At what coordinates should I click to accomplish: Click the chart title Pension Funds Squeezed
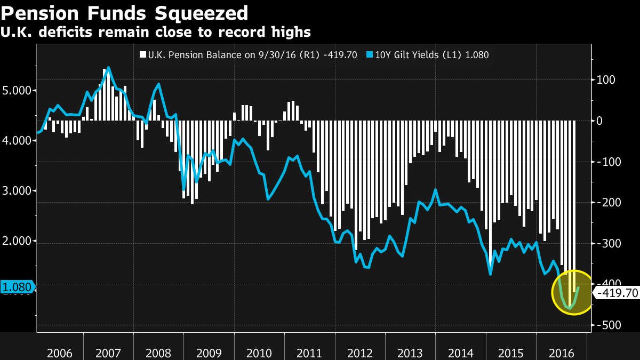(x=124, y=12)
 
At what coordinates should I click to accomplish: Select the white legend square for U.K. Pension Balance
(x=142, y=54)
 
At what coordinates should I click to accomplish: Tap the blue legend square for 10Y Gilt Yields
(x=370, y=54)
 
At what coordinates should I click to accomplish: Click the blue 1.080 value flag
(x=17, y=287)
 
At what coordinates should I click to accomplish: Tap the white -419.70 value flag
(x=617, y=293)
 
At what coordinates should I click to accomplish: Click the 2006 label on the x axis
(x=60, y=353)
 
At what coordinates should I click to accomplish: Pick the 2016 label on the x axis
(x=561, y=353)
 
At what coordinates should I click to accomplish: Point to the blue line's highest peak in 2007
(x=109, y=68)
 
